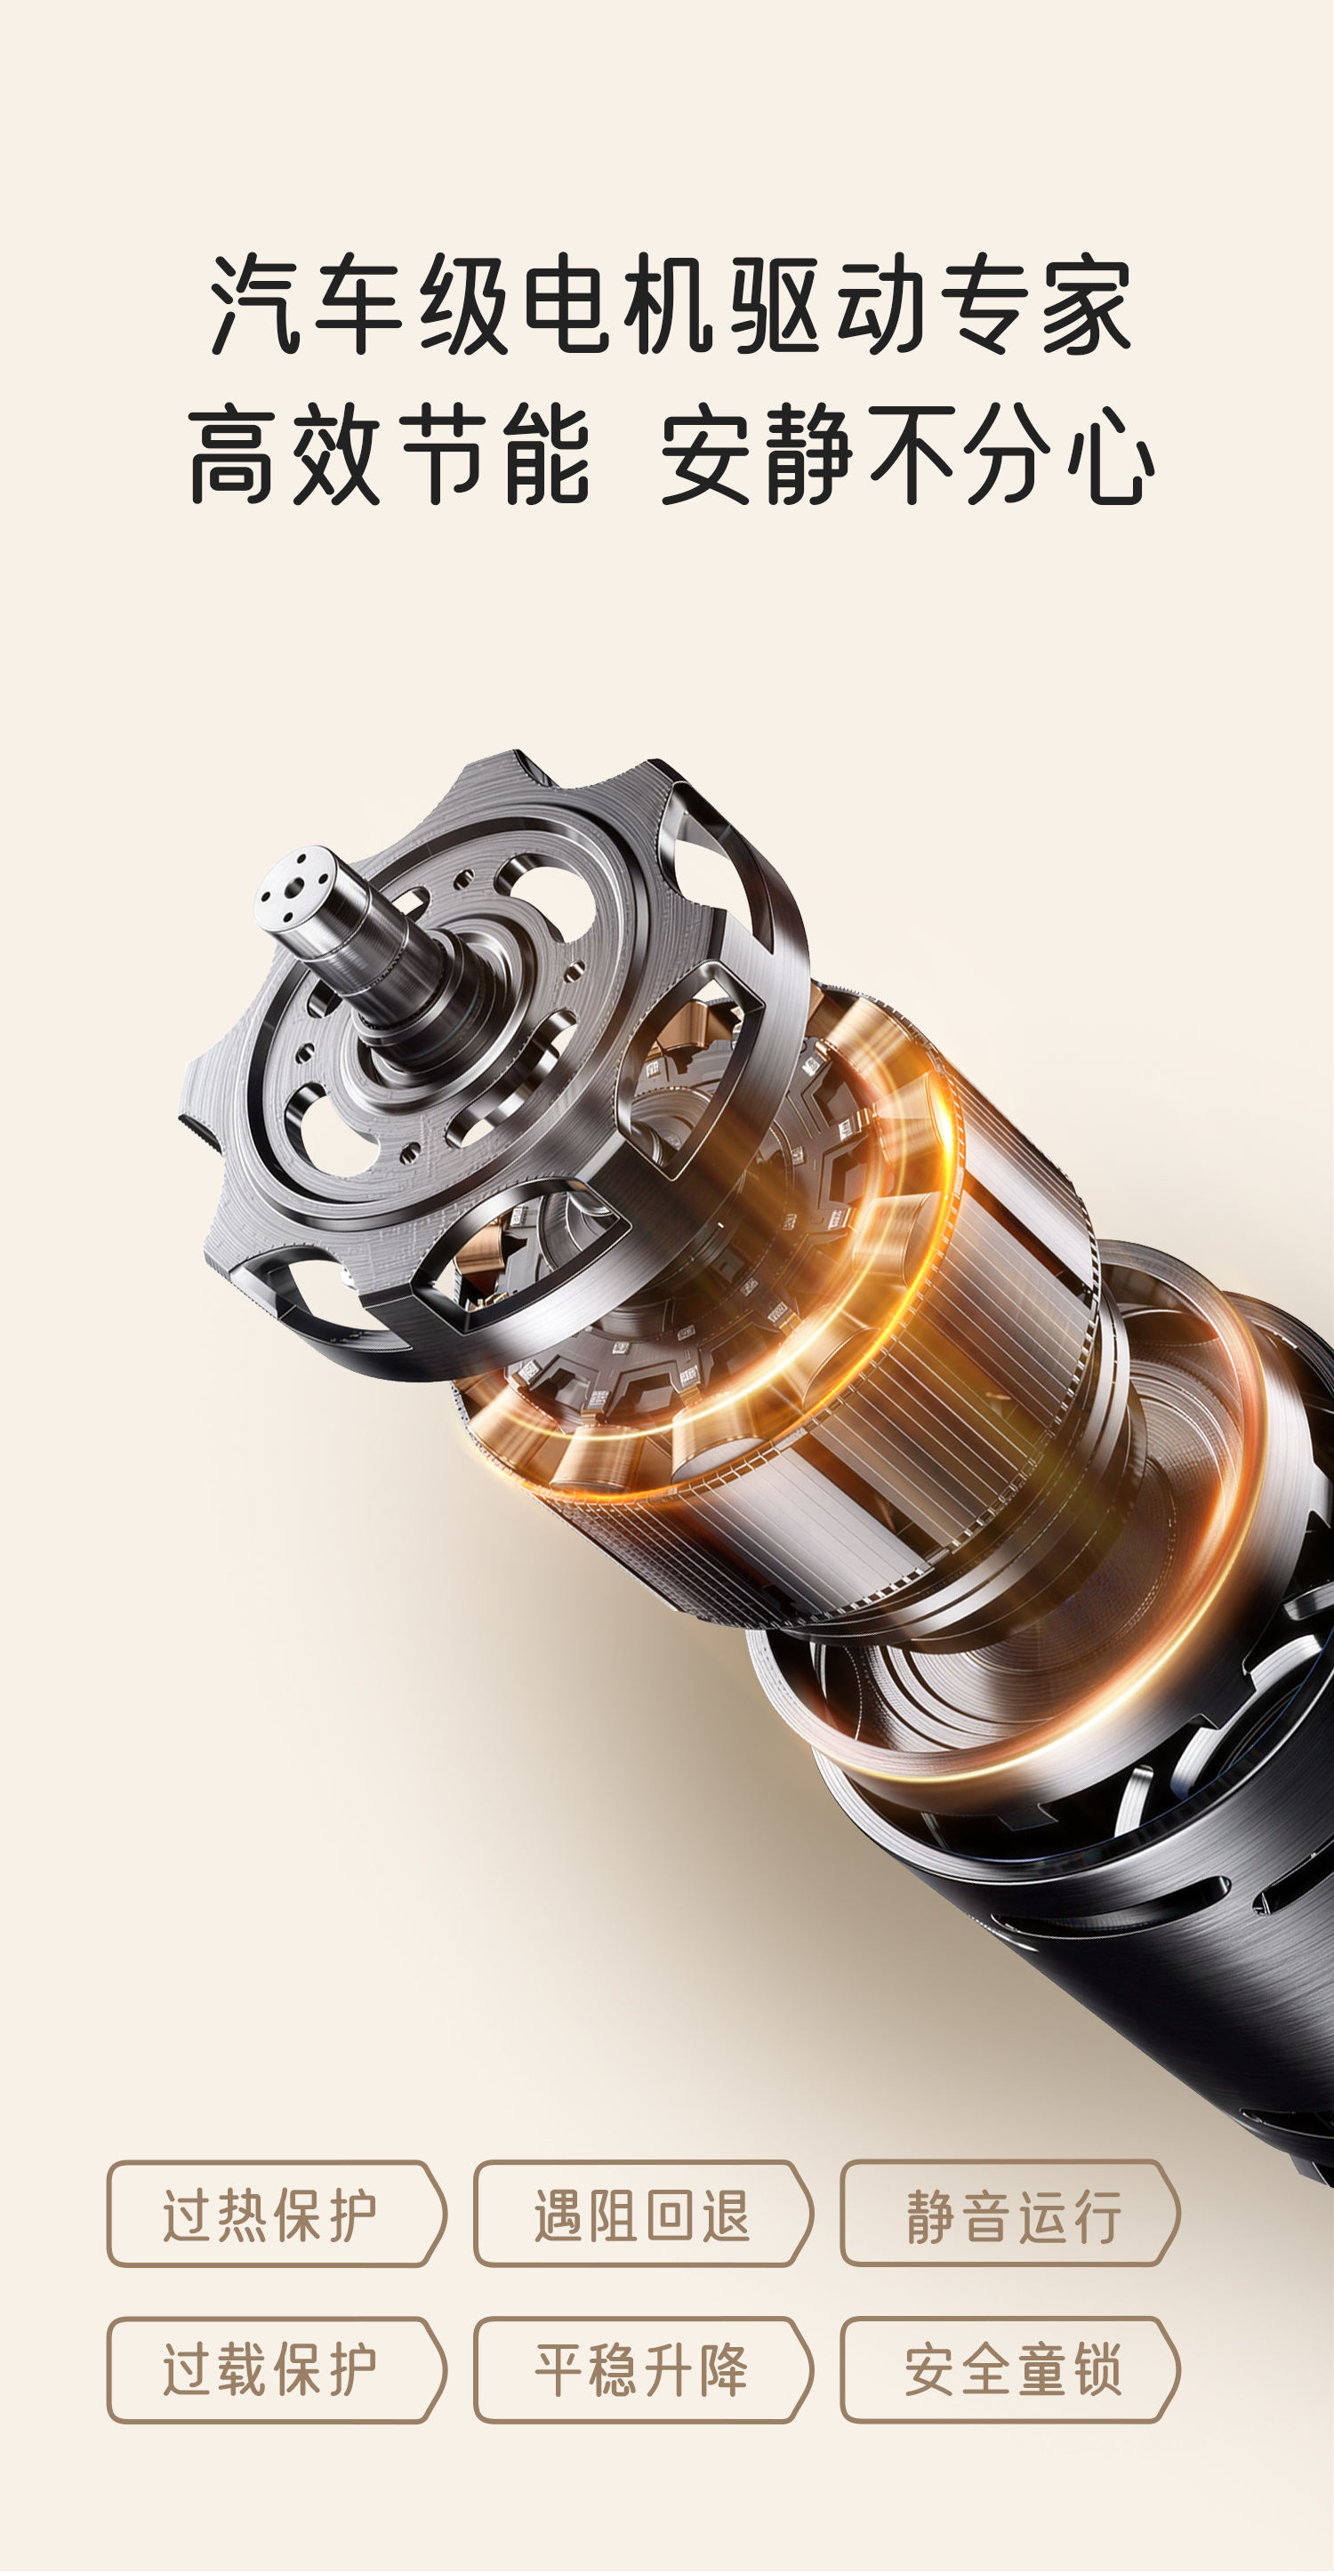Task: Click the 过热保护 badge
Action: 277,2214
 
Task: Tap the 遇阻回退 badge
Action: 643,2214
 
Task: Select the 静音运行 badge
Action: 1009,2214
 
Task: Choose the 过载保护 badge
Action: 277,2369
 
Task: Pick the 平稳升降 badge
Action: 643,2369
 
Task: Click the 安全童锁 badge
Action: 1009,2369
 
